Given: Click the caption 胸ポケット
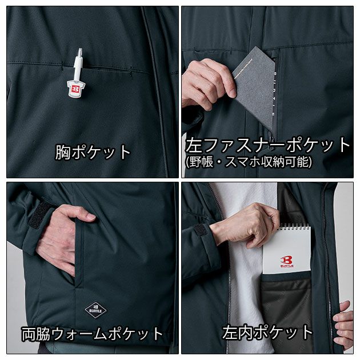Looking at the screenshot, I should click(x=93, y=152).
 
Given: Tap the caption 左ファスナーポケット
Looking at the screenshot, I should click(x=267, y=145).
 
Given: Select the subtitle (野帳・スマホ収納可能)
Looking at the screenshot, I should click(x=249, y=162).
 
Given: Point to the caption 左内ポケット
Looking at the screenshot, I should click(x=267, y=332).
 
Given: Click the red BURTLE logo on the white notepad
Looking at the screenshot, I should click(x=287, y=261).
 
